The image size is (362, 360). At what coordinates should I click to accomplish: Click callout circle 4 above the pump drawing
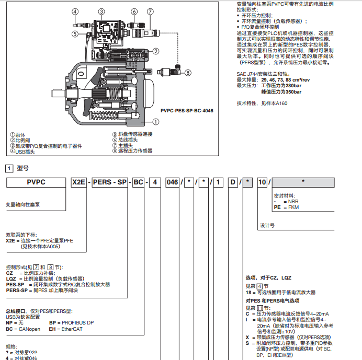pyautogui.click(x=75, y=11)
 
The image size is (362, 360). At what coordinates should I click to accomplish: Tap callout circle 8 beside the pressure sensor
pyautogui.click(x=188, y=73)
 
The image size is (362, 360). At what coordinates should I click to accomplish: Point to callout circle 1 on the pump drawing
pyautogui.click(x=155, y=121)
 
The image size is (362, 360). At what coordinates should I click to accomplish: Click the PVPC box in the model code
pyautogui.click(x=36, y=182)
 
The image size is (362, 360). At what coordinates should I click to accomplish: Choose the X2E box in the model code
pyautogui.click(x=78, y=182)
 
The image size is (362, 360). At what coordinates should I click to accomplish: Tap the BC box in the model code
pyautogui.click(x=138, y=182)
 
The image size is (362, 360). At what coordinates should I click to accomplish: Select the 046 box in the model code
pyautogui.click(x=172, y=182)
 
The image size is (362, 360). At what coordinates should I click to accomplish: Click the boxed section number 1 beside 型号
pyautogui.click(x=9, y=168)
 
